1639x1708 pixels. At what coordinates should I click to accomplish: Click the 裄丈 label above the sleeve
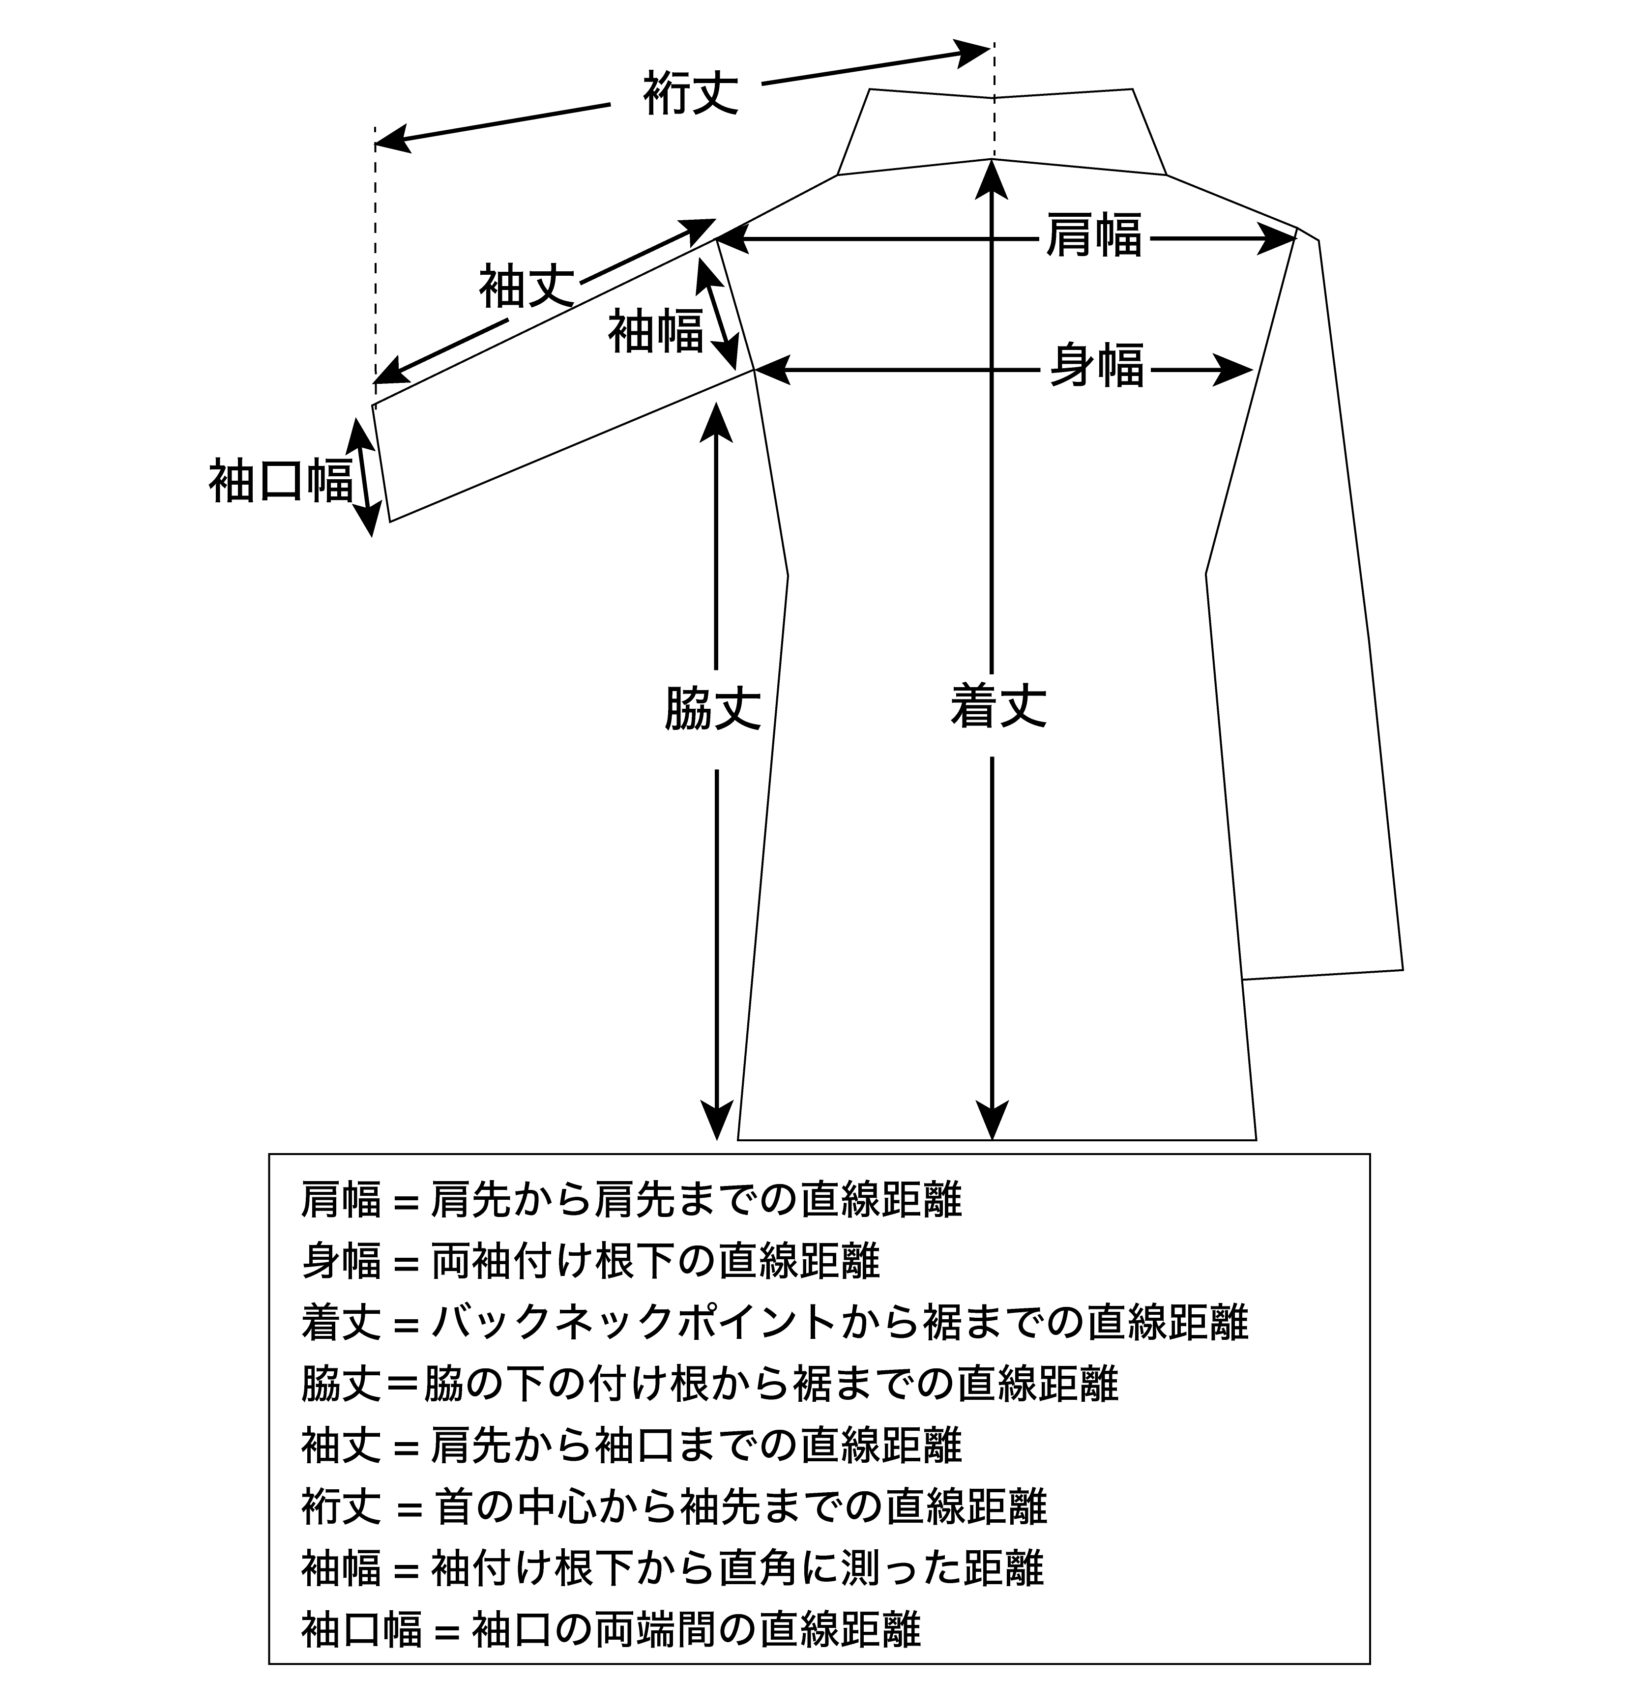tap(691, 93)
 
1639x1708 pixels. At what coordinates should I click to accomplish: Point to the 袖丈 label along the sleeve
tap(527, 287)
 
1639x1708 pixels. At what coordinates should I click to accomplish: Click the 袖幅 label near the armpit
tap(656, 331)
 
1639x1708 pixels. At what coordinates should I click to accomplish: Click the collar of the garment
tap(1001, 131)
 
